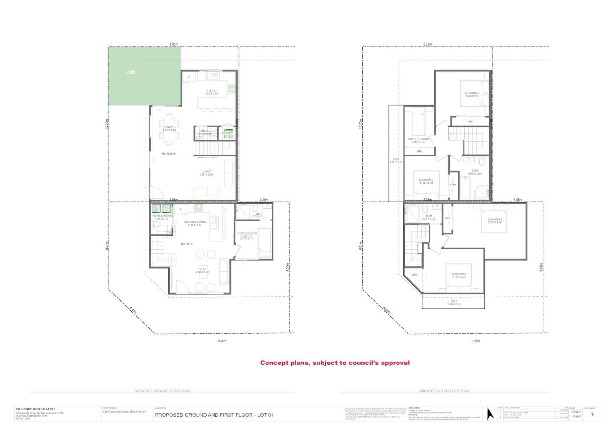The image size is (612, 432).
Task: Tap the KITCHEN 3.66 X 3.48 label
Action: pos(211,92)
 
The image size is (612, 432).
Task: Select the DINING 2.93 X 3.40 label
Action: pos(169,128)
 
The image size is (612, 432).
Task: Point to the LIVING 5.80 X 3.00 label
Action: pos(206,173)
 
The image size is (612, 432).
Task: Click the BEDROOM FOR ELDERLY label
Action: pos(246,236)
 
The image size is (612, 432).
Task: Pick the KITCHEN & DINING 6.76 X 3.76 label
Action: pos(195,223)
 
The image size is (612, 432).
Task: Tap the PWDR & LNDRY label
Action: pos(161,217)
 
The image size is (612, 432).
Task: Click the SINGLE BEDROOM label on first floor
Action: pos(418,140)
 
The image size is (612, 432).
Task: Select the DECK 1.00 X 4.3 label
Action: pos(454,302)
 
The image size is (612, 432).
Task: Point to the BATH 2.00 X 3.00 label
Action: pos(475,172)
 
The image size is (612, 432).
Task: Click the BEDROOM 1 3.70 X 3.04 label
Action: pos(472,94)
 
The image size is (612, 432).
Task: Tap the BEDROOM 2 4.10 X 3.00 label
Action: pos(459,275)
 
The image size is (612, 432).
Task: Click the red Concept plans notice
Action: pos(335,363)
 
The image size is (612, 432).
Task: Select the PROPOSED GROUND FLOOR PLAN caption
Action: pos(162,391)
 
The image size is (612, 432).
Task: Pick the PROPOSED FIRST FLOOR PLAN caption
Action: pos(444,391)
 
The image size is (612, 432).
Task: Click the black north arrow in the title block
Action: pos(490,414)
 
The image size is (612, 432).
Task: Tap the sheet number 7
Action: pos(592,414)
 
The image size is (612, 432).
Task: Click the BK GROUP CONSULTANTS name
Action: pos(36,409)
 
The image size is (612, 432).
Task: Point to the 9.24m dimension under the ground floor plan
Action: pos(222,341)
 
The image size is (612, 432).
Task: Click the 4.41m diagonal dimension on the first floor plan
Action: pos(386,310)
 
